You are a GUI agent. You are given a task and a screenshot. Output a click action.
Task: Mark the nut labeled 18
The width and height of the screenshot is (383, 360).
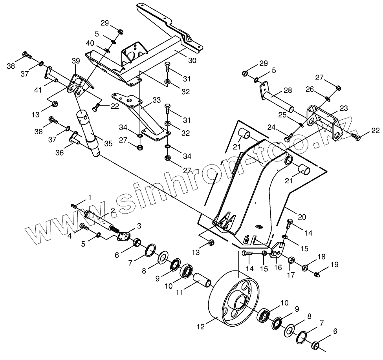(x=305, y=268)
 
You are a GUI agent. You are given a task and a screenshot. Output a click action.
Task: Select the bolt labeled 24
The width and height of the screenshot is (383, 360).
(x=289, y=137)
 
